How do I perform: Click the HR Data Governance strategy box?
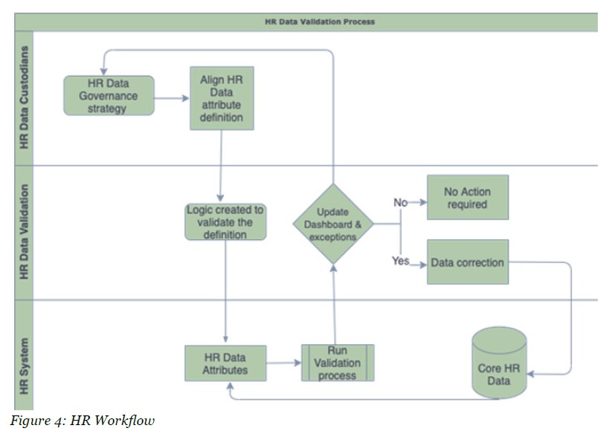109,96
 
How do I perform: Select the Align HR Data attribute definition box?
222,98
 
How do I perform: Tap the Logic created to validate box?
225,221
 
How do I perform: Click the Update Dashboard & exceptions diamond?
333,224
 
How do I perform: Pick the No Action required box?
468,198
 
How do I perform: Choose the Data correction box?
468,262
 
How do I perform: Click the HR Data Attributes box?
225,363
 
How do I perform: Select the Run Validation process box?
338,363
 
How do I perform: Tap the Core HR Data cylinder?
499,363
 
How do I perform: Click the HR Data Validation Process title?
320,22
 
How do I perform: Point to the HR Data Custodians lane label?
24,97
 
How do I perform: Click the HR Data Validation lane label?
24,232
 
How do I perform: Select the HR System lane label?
24,366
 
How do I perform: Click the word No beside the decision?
400,202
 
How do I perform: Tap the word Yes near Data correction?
400,261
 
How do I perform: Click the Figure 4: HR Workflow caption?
83,420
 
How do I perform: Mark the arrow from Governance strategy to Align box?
172,98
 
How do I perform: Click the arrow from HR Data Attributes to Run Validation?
284,363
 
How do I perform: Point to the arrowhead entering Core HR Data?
531,373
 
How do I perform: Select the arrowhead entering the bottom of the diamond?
333,268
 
